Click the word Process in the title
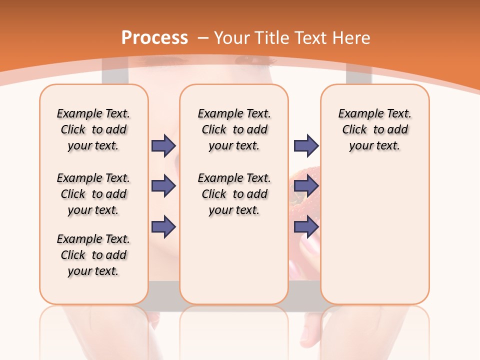(x=154, y=38)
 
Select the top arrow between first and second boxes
(x=163, y=145)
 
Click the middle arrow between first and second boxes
(x=163, y=186)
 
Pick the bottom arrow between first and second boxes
(x=163, y=226)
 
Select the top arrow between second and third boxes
(x=306, y=145)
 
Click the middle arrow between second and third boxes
(x=306, y=186)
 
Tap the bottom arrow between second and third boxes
(x=306, y=226)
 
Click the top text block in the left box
(x=93, y=129)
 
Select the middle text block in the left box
(x=93, y=194)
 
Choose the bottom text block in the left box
(x=93, y=255)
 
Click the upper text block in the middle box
(x=234, y=129)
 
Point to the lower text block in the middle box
(x=234, y=194)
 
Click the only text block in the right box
(x=374, y=129)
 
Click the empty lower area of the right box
(x=374, y=235)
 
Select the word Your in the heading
(x=231, y=38)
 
